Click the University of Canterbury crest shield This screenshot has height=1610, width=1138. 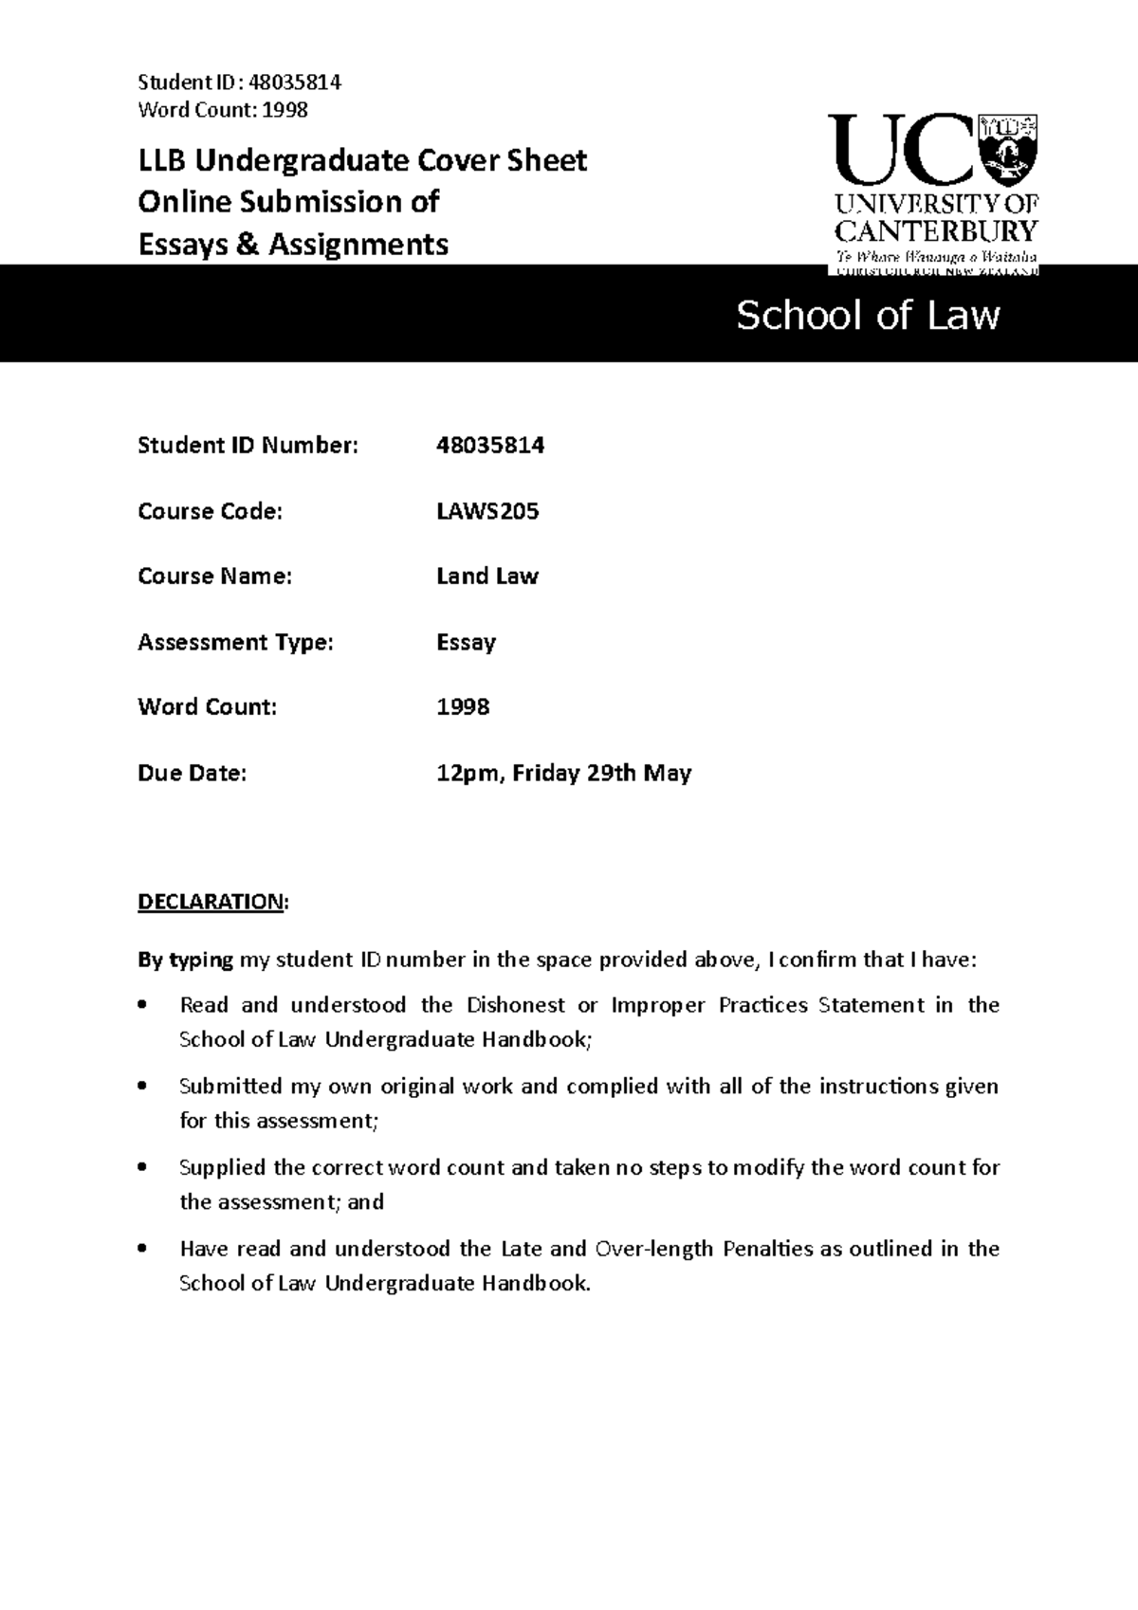point(1009,147)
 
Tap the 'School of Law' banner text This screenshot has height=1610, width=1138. point(868,316)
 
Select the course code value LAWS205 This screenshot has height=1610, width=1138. point(487,511)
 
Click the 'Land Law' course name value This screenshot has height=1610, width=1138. point(486,576)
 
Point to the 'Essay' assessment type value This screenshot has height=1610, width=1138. point(466,642)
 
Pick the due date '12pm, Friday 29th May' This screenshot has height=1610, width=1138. point(563,773)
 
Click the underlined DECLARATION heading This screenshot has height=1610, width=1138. point(211,901)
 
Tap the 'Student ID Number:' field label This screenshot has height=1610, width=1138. point(248,446)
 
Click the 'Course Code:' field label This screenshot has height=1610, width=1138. point(210,511)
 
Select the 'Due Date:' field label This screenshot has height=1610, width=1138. point(192,773)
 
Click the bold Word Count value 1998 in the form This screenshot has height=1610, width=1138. point(463,706)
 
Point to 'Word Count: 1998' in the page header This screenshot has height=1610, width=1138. point(223,110)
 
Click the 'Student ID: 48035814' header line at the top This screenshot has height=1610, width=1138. point(239,82)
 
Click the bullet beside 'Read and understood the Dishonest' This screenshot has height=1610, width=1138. point(143,1005)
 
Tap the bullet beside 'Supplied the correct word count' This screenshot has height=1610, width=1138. point(143,1167)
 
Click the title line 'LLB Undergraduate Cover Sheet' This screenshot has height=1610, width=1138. point(362,160)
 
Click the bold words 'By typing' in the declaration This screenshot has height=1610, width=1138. point(185,960)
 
